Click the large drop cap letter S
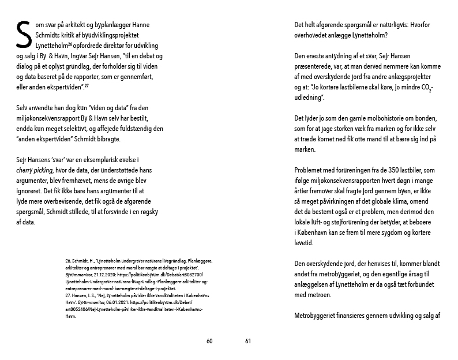(23, 36)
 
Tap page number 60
(210, 341)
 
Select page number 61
(248, 341)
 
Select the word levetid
(306, 242)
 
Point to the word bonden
(425, 118)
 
